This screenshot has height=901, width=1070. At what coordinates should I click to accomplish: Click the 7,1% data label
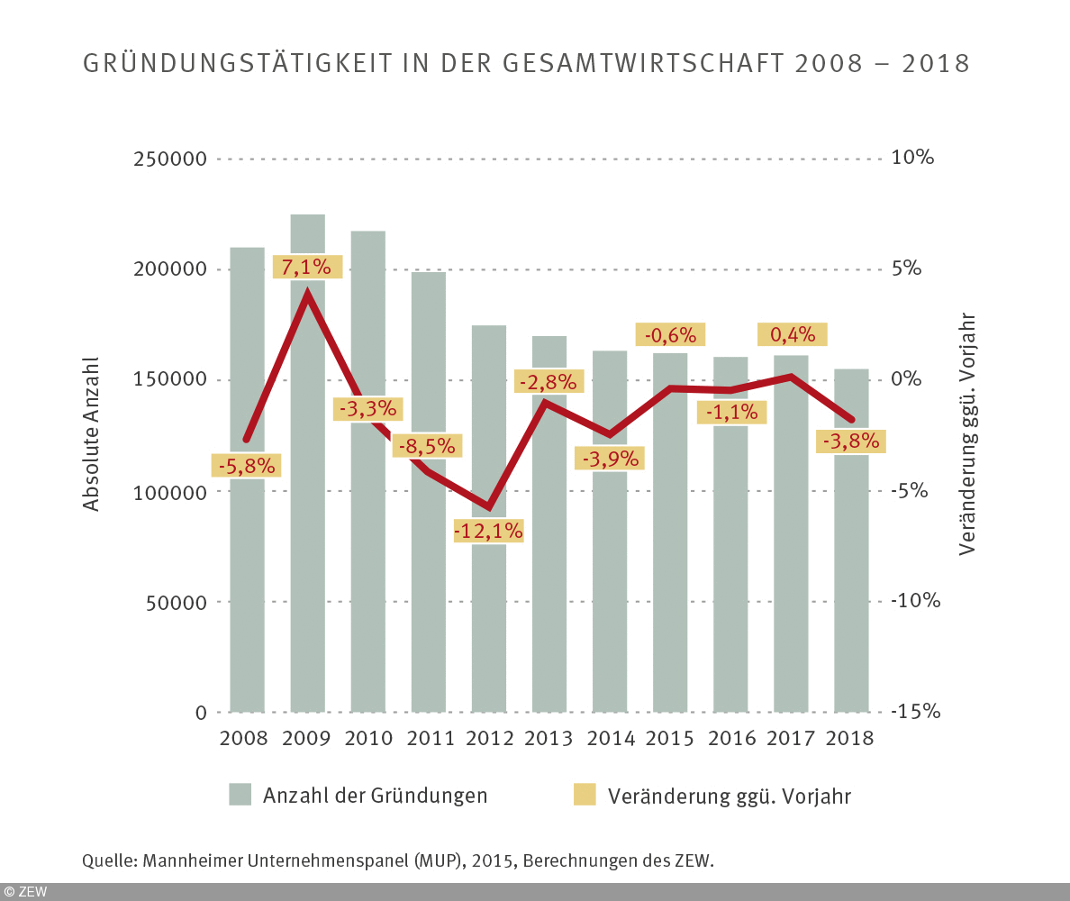pyautogui.click(x=307, y=267)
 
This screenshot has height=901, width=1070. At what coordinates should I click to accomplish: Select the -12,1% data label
pyautogui.click(x=488, y=531)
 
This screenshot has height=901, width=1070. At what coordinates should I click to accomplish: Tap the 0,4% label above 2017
pyautogui.click(x=792, y=334)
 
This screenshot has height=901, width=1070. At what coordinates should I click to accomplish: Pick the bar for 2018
pyautogui.click(x=851, y=586)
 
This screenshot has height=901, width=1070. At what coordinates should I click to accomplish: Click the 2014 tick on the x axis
pyautogui.click(x=610, y=738)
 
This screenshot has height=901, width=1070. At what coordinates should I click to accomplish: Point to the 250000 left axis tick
pyautogui.click(x=168, y=159)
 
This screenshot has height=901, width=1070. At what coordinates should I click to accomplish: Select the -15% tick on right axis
pyautogui.click(x=915, y=712)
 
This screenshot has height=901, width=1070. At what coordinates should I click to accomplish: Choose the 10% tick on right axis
pyautogui.click(x=913, y=158)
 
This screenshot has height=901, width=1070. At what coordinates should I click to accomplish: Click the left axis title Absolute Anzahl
pyautogui.click(x=91, y=433)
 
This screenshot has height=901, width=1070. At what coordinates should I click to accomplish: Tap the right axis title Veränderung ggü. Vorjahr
pyautogui.click(x=967, y=434)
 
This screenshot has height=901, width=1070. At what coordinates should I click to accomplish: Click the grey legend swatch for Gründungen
pyautogui.click(x=240, y=795)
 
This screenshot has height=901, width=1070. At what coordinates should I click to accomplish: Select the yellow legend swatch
pyautogui.click(x=585, y=795)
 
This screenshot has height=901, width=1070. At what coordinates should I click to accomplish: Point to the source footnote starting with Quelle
pyautogui.click(x=397, y=860)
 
